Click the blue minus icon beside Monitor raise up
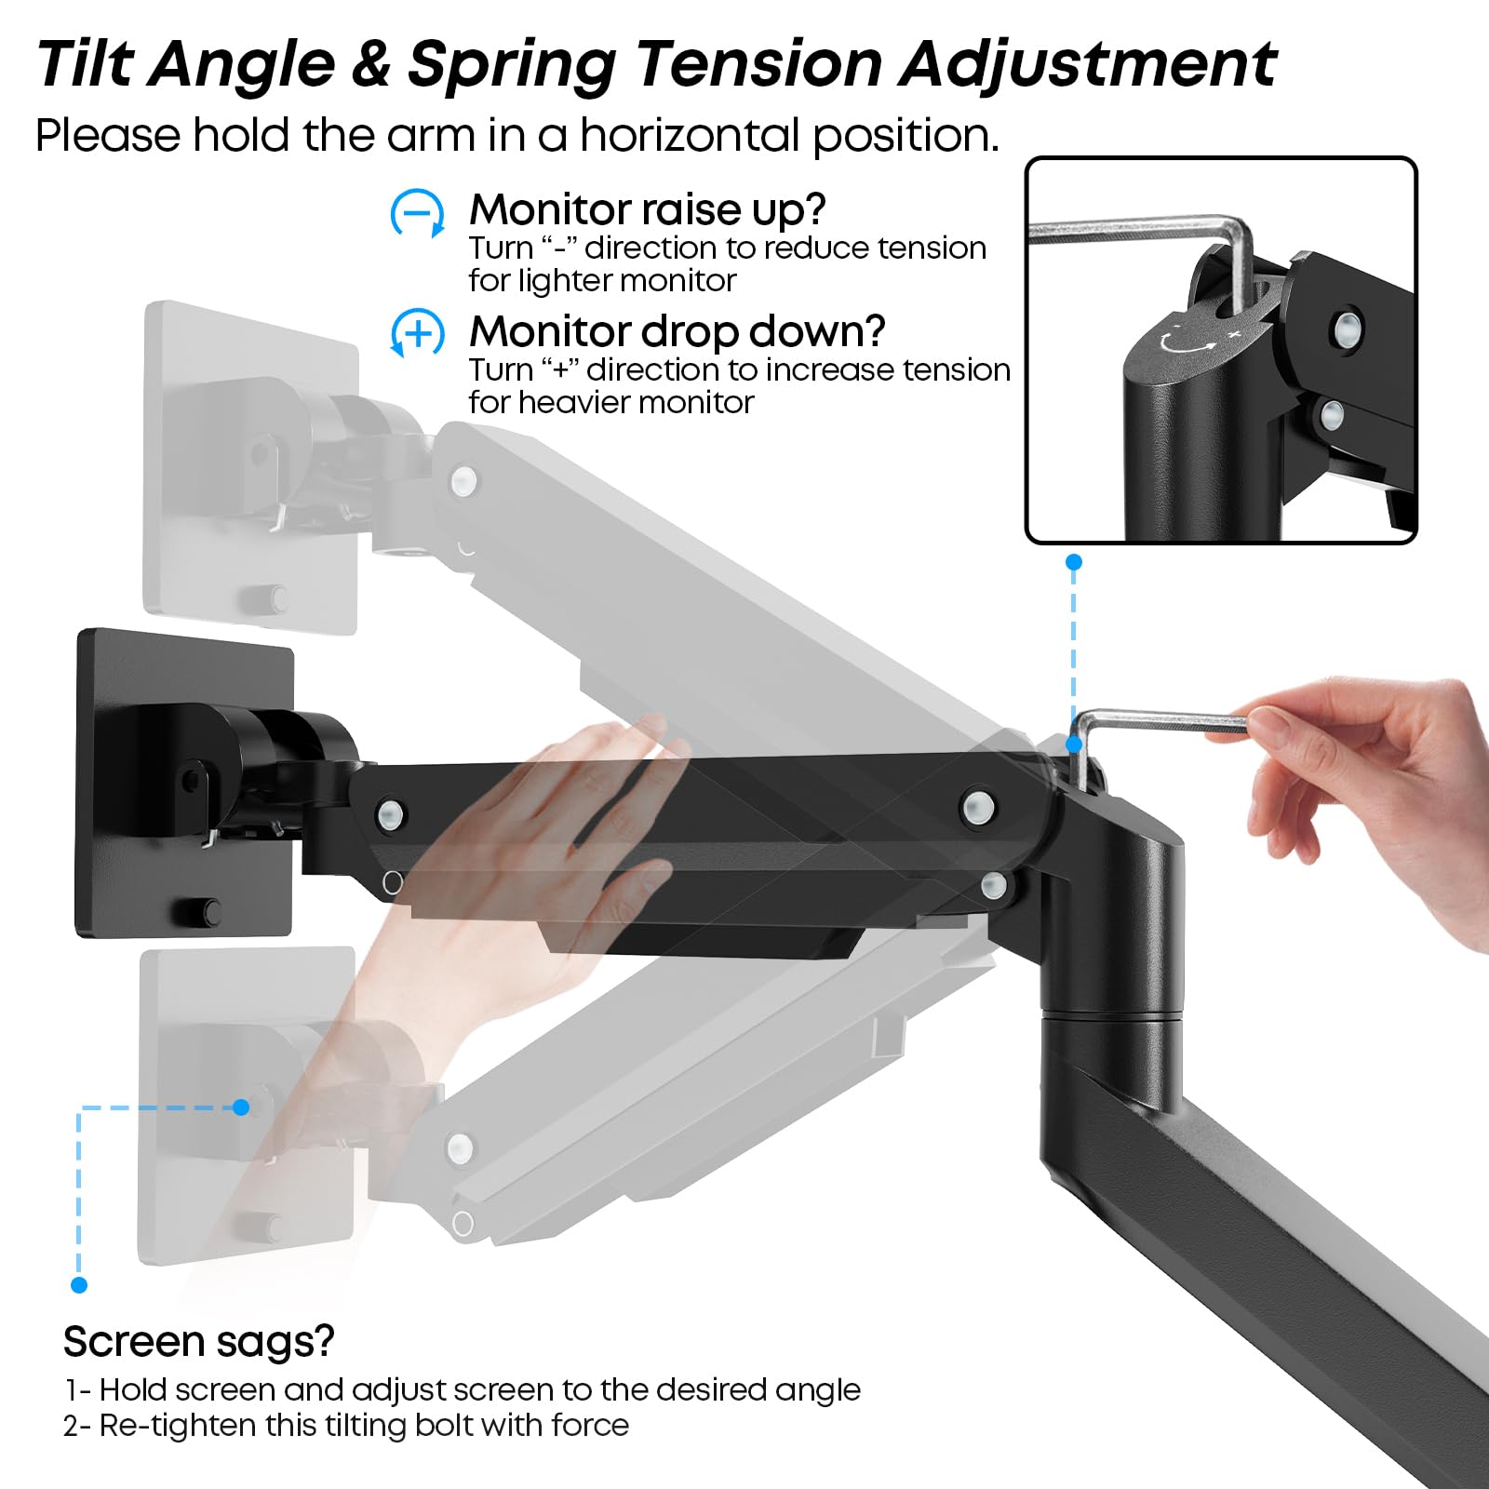(x=416, y=213)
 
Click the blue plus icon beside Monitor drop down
(x=416, y=332)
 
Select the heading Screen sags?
(x=198, y=1341)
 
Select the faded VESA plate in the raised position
(x=251, y=465)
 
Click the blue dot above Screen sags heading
(x=79, y=1285)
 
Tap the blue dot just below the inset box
(x=1073, y=562)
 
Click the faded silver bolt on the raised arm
(x=463, y=481)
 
